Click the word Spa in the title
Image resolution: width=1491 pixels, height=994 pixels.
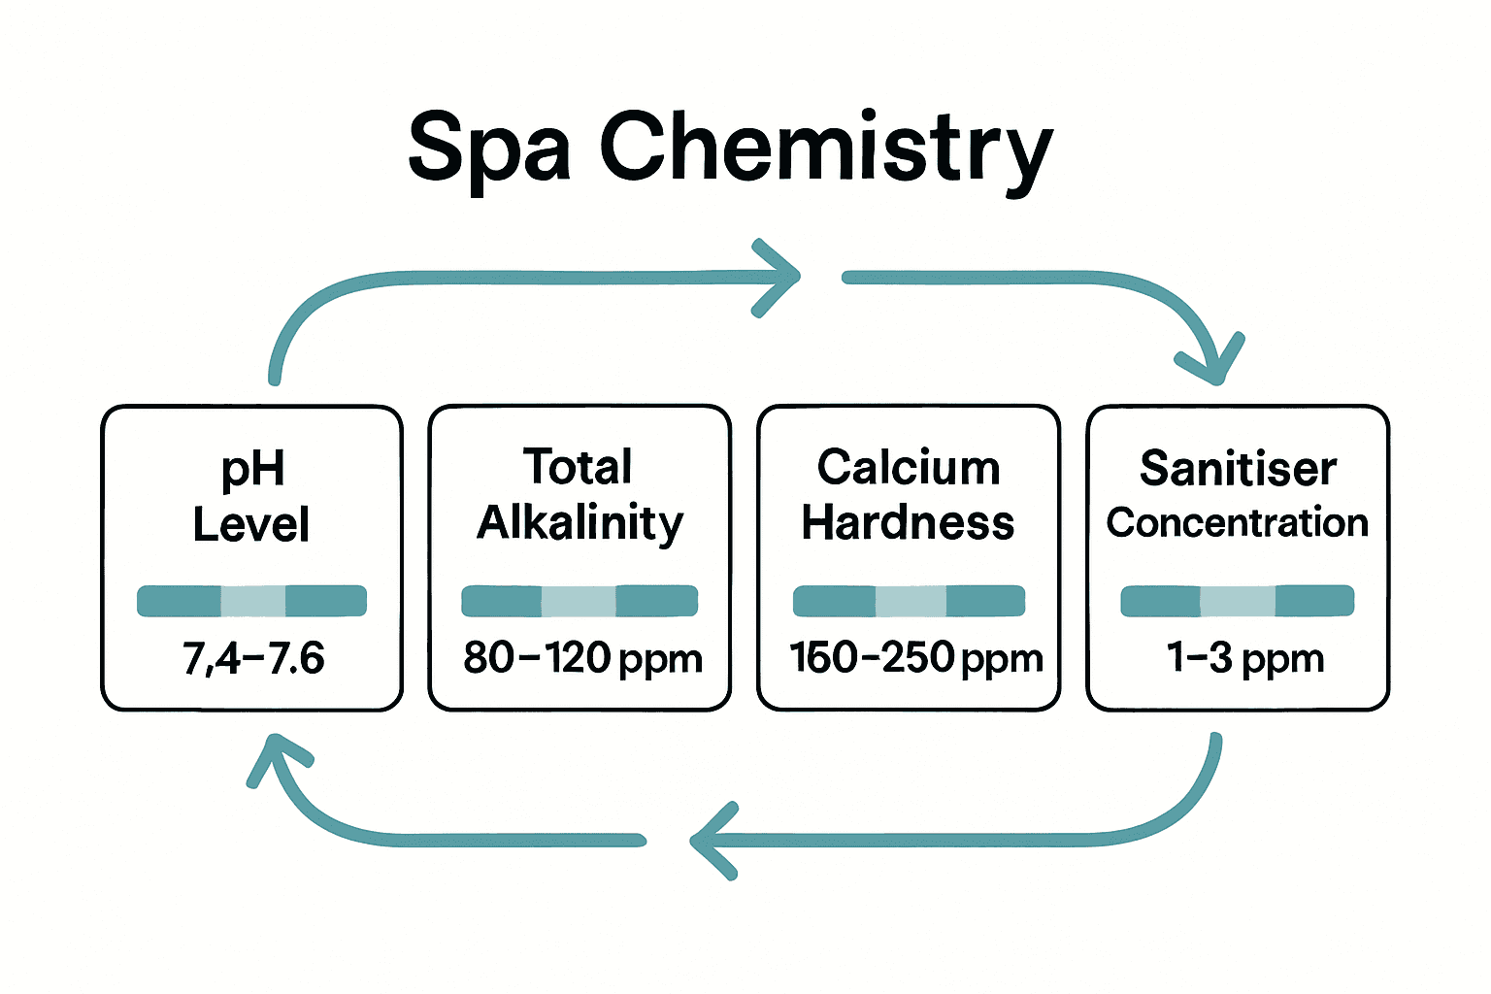(x=488, y=148)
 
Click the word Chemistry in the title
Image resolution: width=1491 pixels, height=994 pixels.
(x=826, y=148)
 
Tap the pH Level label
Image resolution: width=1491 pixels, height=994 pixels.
(x=251, y=496)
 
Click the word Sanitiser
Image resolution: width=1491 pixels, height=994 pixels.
(x=1238, y=468)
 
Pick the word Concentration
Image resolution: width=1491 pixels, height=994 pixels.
(x=1238, y=522)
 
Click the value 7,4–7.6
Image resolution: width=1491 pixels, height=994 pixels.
(x=253, y=658)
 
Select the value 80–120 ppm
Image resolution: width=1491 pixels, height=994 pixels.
(x=582, y=658)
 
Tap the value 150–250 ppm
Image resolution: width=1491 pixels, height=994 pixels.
(x=915, y=658)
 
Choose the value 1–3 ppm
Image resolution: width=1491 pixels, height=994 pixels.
(x=1245, y=658)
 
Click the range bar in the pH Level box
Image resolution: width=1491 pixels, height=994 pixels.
(x=251, y=601)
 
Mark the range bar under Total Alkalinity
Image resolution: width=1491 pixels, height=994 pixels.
(x=580, y=601)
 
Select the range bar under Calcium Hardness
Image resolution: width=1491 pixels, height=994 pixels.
(x=909, y=601)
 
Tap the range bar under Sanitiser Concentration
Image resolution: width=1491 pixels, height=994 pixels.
(x=1237, y=601)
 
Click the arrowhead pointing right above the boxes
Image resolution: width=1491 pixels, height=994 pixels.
(x=779, y=277)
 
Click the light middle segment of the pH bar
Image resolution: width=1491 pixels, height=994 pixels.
(x=253, y=601)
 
